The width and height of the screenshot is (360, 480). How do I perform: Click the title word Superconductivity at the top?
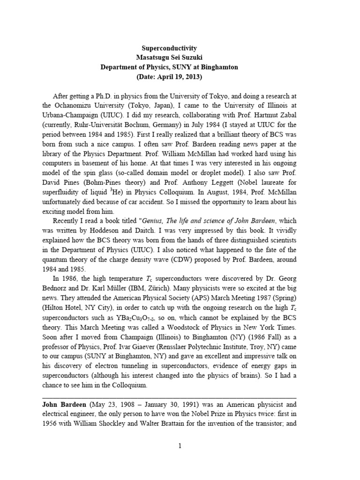click(x=169, y=48)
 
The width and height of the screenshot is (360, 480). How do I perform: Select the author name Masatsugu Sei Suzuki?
click(x=169, y=58)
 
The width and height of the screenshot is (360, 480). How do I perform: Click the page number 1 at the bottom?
click(x=180, y=459)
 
